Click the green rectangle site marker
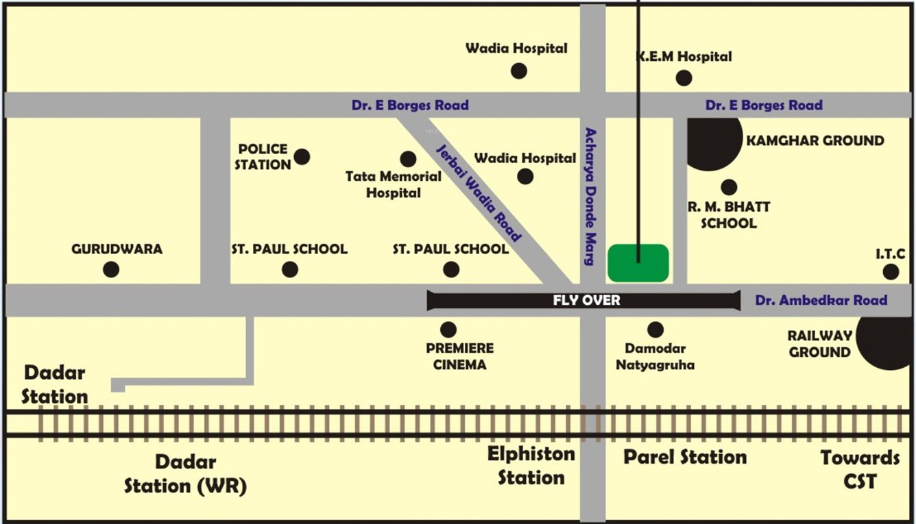click(638, 263)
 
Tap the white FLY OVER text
click(586, 300)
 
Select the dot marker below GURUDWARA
click(111, 269)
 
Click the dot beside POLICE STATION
click(302, 157)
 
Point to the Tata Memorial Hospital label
click(393, 185)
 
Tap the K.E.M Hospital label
click(684, 57)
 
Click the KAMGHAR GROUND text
click(815, 141)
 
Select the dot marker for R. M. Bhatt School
click(729, 187)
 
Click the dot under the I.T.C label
click(891, 272)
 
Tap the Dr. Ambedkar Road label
click(821, 300)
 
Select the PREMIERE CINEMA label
click(459, 357)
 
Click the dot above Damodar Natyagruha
click(655, 329)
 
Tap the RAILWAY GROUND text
click(819, 344)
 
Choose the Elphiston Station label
click(531, 465)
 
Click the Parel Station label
click(684, 457)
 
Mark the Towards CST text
click(860, 469)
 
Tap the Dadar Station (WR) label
click(185, 474)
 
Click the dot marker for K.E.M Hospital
click(684, 78)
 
